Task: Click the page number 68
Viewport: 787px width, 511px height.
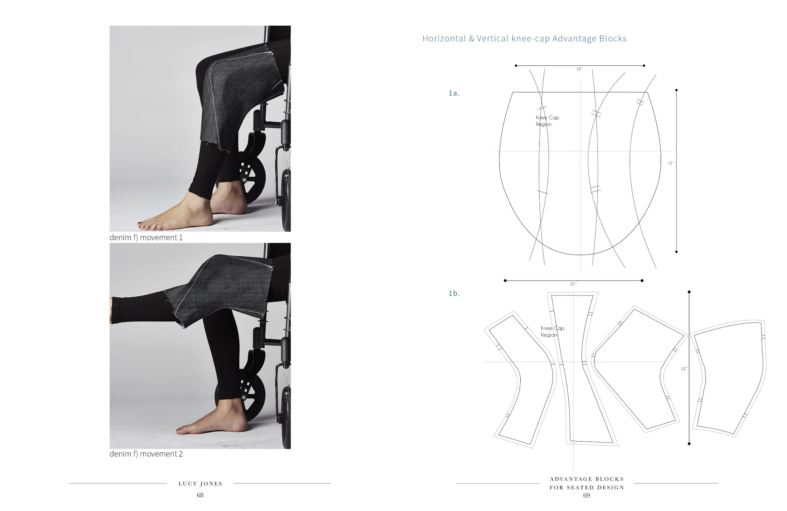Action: tap(200, 495)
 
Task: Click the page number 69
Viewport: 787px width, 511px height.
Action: tap(586, 496)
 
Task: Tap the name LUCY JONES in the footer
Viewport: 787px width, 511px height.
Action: tap(200, 484)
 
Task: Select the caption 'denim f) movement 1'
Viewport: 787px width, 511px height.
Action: tap(146, 237)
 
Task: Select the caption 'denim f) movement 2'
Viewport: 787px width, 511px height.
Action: tap(146, 454)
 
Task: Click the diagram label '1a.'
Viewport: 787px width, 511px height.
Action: tap(454, 93)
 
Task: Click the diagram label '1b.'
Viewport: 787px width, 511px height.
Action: tap(454, 293)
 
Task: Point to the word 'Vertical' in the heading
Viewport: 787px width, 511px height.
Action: tap(492, 39)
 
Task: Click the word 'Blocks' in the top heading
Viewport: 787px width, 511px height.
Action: tap(613, 39)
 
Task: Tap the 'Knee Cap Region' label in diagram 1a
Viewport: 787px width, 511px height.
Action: tap(547, 121)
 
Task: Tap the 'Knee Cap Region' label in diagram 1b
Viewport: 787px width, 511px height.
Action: tap(552, 331)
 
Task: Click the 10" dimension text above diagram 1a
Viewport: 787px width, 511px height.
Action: tap(580, 69)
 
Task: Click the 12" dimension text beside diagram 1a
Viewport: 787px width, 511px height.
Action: tap(671, 163)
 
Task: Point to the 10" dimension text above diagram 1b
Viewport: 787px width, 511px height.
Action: tap(573, 284)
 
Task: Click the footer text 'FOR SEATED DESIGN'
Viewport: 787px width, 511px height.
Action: tap(586, 487)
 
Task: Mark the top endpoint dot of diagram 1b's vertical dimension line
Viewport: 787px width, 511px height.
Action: tap(689, 292)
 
